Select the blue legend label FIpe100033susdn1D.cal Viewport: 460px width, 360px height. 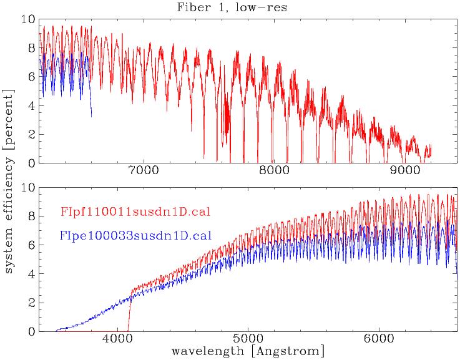point(135,236)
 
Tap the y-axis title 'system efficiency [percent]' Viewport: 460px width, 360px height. point(11,180)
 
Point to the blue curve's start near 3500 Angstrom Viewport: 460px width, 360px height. point(57,329)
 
